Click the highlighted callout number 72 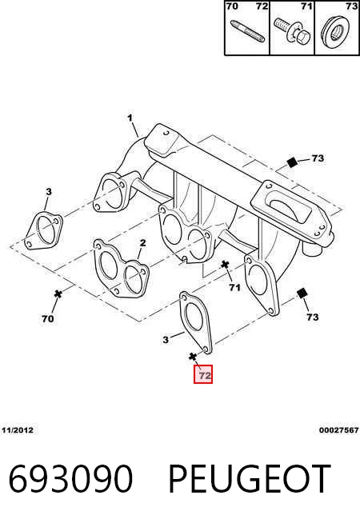203,374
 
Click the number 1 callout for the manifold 130,118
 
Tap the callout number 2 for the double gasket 142,243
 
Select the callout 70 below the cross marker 48,319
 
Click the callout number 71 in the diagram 234,287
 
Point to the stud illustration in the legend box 247,31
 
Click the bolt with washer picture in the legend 293,31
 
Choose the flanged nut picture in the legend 335,32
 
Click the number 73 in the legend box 351,6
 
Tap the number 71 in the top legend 306,6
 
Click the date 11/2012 18,430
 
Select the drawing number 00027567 338,430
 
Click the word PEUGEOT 250,479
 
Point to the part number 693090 70,479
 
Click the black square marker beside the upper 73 292,162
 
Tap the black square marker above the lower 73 302,293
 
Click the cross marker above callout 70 58,293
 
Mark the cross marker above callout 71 225,265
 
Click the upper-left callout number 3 49,192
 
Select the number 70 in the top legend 232,6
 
